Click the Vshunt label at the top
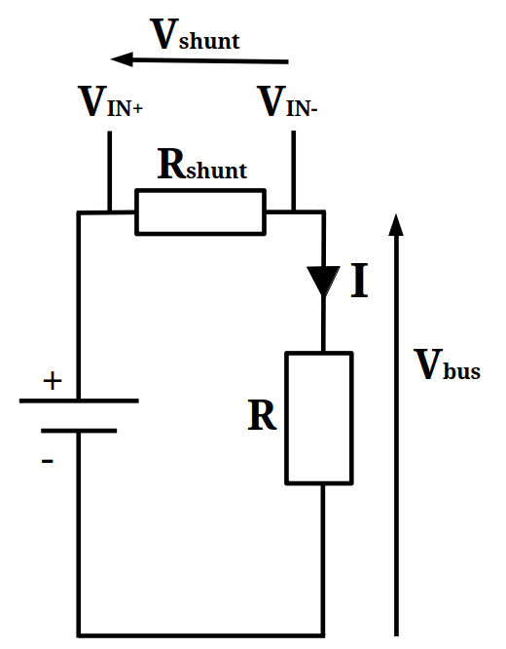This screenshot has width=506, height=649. coord(195,34)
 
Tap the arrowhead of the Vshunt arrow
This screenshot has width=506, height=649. coord(122,59)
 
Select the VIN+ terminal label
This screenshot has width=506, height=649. coord(110,101)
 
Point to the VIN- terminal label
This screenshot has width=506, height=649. coord(287,101)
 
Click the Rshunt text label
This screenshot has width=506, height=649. coord(202,165)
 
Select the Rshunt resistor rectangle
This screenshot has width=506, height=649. coord(200,212)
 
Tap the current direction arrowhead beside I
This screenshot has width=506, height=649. coord(323,281)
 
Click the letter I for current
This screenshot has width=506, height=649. coord(359,281)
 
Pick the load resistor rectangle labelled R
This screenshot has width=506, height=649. coord(319,418)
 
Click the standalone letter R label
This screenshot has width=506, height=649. coord(262,415)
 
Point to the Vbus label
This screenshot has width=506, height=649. coord(448,364)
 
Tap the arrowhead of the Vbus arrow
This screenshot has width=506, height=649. coord(396,225)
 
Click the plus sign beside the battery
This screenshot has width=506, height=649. coord(53,381)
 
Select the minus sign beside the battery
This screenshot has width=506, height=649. coord(48,460)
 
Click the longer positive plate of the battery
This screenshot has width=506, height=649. coord(79,401)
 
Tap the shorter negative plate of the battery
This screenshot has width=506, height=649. coord(79,431)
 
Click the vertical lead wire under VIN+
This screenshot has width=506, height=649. coord(110,171)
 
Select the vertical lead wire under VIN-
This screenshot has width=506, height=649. coord(294,171)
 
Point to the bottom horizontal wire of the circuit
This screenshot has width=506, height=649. coord(200,634)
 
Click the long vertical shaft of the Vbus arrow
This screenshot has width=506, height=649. coord(396,436)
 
